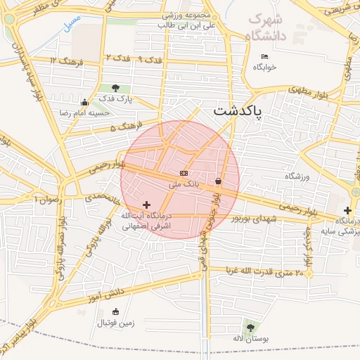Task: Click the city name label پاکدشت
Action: tap(236, 112)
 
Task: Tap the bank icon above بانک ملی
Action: tap(184, 173)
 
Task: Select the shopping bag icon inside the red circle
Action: tap(219, 181)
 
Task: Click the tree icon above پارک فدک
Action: tap(115, 89)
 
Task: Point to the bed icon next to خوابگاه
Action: tap(264, 56)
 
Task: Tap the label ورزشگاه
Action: tap(297, 176)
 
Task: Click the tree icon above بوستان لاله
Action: tap(250, 327)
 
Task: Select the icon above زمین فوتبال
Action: tap(116, 311)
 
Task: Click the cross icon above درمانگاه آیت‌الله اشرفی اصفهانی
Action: tap(146, 205)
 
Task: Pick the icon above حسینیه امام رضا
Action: tap(85, 102)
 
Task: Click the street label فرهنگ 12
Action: tap(67, 62)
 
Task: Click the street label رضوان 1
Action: tap(49, 200)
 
